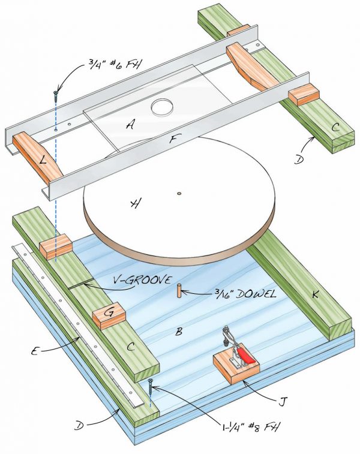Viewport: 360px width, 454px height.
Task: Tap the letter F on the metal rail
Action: point(172,140)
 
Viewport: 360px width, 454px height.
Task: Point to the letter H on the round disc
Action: point(135,205)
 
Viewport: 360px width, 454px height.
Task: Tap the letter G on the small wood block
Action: point(109,314)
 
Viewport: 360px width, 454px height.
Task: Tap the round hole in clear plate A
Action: point(161,108)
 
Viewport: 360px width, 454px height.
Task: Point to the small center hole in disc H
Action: point(179,193)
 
